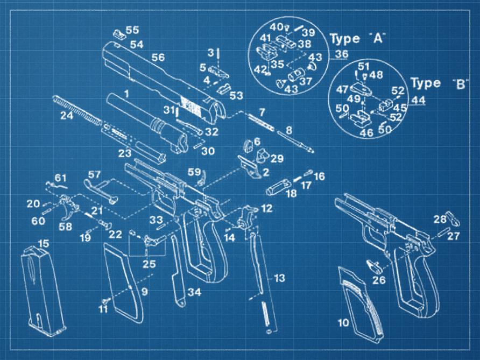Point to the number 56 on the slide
click(158, 57)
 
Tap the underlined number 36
click(341, 54)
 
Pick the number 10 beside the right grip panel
click(343, 323)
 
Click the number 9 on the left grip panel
click(145, 292)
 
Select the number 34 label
click(195, 292)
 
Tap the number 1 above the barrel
click(127, 93)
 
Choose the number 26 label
click(379, 280)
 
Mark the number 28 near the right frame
click(440, 218)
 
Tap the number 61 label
click(60, 178)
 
